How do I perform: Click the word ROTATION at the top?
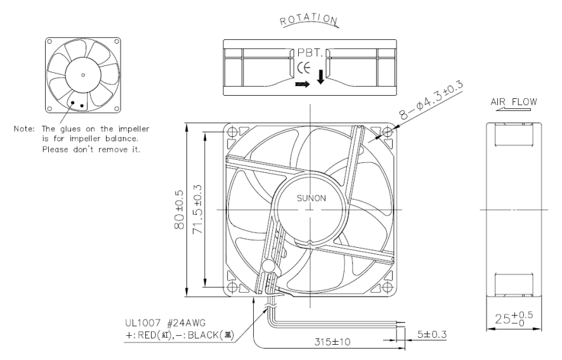[309, 20]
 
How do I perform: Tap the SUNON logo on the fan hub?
[311, 198]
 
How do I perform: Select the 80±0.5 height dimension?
[180, 210]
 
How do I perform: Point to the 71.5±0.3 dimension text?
[198, 210]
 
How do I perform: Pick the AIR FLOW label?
[514, 102]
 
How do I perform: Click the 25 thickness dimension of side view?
[514, 318]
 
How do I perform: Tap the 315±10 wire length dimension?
[332, 342]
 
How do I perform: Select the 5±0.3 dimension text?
[432, 334]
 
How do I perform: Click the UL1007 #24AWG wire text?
[166, 323]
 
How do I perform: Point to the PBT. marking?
[310, 53]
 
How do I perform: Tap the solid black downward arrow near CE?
[321, 77]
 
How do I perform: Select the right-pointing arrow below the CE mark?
[302, 84]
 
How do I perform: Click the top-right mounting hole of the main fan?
[387, 132]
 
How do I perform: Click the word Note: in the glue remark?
[24, 129]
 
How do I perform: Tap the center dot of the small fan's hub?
[83, 75]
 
